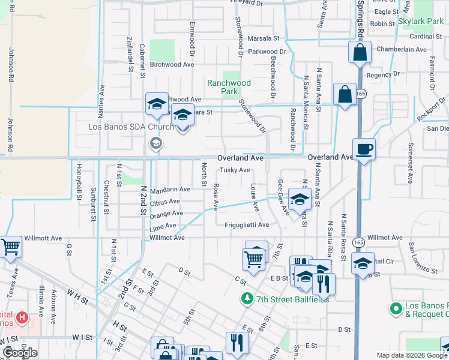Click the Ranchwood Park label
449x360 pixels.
click(229, 87)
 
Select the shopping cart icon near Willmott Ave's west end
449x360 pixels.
click(10, 247)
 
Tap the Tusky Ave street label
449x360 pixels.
click(234, 170)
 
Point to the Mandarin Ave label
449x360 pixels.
click(170, 190)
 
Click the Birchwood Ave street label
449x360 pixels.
click(172, 64)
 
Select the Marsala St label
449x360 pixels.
click(264, 38)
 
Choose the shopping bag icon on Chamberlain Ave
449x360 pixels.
click(360, 52)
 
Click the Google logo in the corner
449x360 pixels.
click(20, 353)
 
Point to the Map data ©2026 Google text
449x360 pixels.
click(412, 355)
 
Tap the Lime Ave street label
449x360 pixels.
click(163, 226)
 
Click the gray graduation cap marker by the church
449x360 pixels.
click(155, 143)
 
